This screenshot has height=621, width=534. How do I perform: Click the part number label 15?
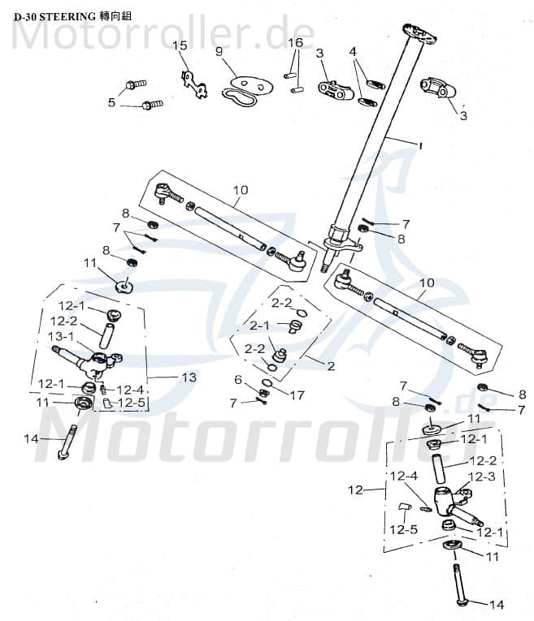click(180, 45)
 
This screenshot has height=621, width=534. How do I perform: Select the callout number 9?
click(219, 51)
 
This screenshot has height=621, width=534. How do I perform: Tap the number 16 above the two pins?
click(295, 42)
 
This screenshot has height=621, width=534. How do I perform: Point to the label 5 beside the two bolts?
click(111, 102)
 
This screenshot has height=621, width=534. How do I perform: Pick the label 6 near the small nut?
click(238, 380)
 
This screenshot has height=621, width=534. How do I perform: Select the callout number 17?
click(297, 395)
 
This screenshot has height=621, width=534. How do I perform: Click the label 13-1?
click(62, 336)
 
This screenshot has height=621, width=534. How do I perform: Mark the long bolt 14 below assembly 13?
click(65, 442)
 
